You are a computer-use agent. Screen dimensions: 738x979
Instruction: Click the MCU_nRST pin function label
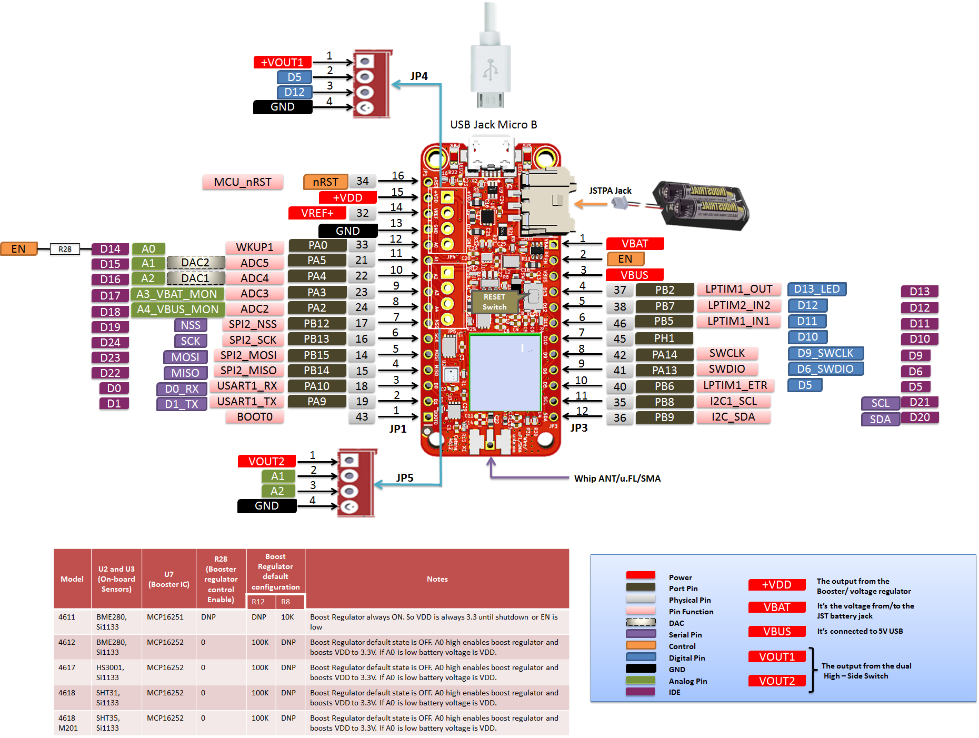(x=243, y=182)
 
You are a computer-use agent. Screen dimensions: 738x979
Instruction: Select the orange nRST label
(x=325, y=182)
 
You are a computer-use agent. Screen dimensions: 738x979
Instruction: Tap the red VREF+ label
(x=317, y=213)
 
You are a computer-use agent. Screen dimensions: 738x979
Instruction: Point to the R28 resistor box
(x=65, y=249)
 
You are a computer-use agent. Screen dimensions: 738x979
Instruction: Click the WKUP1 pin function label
(x=255, y=247)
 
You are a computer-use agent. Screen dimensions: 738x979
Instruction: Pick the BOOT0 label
(x=255, y=417)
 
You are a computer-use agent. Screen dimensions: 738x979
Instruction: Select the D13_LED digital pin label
(x=816, y=289)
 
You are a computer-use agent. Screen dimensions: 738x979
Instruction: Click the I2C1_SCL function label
(x=733, y=401)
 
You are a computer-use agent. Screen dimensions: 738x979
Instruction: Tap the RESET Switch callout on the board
(x=494, y=302)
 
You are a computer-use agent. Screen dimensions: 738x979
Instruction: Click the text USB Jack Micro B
(x=493, y=125)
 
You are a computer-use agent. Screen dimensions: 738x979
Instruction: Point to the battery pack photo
(x=700, y=205)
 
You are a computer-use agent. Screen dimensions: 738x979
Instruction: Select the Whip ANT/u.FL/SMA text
(x=617, y=478)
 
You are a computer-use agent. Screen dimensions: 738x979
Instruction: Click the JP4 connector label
(x=419, y=76)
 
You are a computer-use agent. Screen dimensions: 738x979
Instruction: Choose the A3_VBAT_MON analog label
(x=177, y=294)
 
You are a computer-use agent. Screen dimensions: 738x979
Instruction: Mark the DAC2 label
(x=195, y=263)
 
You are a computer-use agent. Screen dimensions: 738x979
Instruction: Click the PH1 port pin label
(x=664, y=338)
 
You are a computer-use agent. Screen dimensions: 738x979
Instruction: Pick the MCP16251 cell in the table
(x=165, y=617)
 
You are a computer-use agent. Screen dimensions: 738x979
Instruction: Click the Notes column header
(x=437, y=579)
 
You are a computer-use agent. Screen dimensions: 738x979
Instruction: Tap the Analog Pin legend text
(x=687, y=681)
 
